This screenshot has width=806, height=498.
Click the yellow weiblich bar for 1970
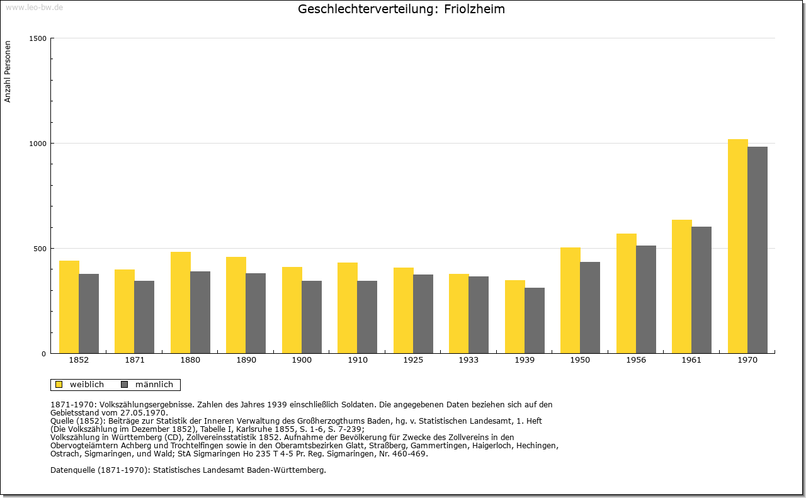pyautogui.click(x=737, y=246)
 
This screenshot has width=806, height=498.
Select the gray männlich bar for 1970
pyautogui.click(x=758, y=250)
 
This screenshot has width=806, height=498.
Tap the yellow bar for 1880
pyautogui.click(x=181, y=303)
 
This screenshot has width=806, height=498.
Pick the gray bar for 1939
pyautogui.click(x=535, y=320)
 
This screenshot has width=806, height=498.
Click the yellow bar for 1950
pyautogui.click(x=570, y=300)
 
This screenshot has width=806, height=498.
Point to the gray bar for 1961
pyautogui.click(x=701, y=290)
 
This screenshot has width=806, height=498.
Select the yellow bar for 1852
pyautogui.click(x=69, y=307)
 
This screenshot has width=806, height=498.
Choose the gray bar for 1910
pyautogui.click(x=367, y=317)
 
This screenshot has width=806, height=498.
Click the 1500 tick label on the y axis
pyautogui.click(x=38, y=38)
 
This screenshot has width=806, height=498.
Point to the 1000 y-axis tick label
pyautogui.click(x=38, y=144)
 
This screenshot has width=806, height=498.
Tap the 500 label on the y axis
pyautogui.click(x=40, y=249)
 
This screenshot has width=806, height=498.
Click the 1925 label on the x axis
pyautogui.click(x=413, y=360)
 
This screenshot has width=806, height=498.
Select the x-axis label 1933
pyautogui.click(x=468, y=360)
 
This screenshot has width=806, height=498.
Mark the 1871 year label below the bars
pyautogui.click(x=135, y=360)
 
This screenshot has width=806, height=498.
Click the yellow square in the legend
pyautogui.click(x=59, y=385)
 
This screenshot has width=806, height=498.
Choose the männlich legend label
pyautogui.click(x=154, y=384)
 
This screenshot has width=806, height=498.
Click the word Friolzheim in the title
pyautogui.click(x=474, y=9)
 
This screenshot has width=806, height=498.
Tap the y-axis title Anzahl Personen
pyautogui.click(x=8, y=72)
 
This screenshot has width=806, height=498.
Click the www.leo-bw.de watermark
pyautogui.click(x=34, y=7)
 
